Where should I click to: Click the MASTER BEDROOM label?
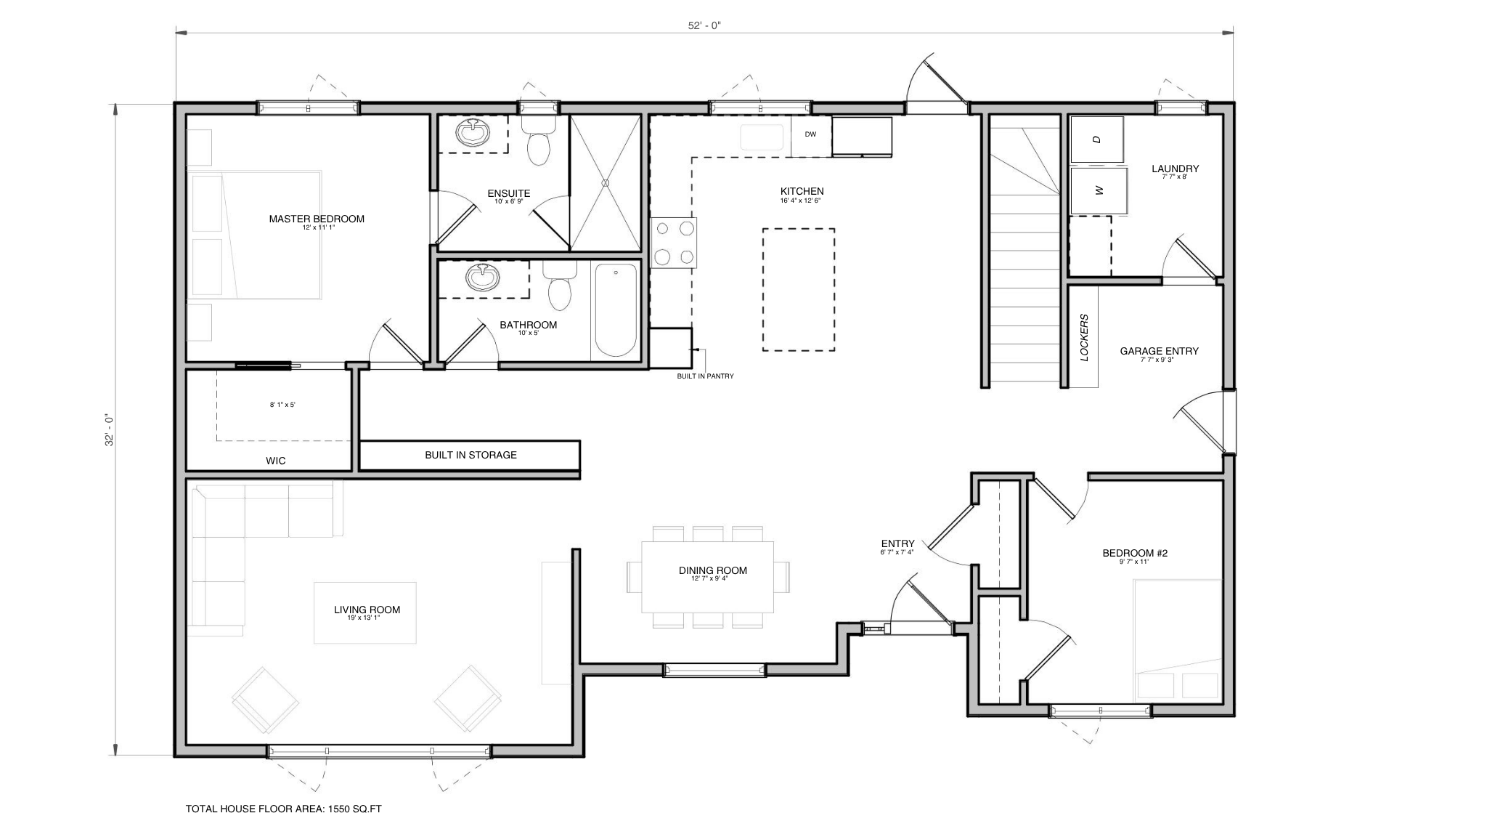[317, 219]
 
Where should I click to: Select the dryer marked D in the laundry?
[1097, 139]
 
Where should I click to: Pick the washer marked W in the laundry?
[1099, 190]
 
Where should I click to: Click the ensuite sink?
[473, 132]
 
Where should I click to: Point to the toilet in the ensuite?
[538, 141]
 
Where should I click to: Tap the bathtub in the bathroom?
[616, 310]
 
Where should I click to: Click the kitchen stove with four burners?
[673, 242]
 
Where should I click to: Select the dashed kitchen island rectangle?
[799, 290]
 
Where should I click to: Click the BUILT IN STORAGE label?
[470, 456]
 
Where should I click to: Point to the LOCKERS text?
[1084, 337]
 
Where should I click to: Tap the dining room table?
[707, 577]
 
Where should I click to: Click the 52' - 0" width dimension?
[704, 25]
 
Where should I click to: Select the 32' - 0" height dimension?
[110, 429]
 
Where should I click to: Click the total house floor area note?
[284, 809]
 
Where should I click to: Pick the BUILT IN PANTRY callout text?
[705, 376]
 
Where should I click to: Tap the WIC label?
[276, 461]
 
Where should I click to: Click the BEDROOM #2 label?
[1135, 554]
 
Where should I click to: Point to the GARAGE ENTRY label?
[1159, 351]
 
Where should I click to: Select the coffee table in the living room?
[365, 612]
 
